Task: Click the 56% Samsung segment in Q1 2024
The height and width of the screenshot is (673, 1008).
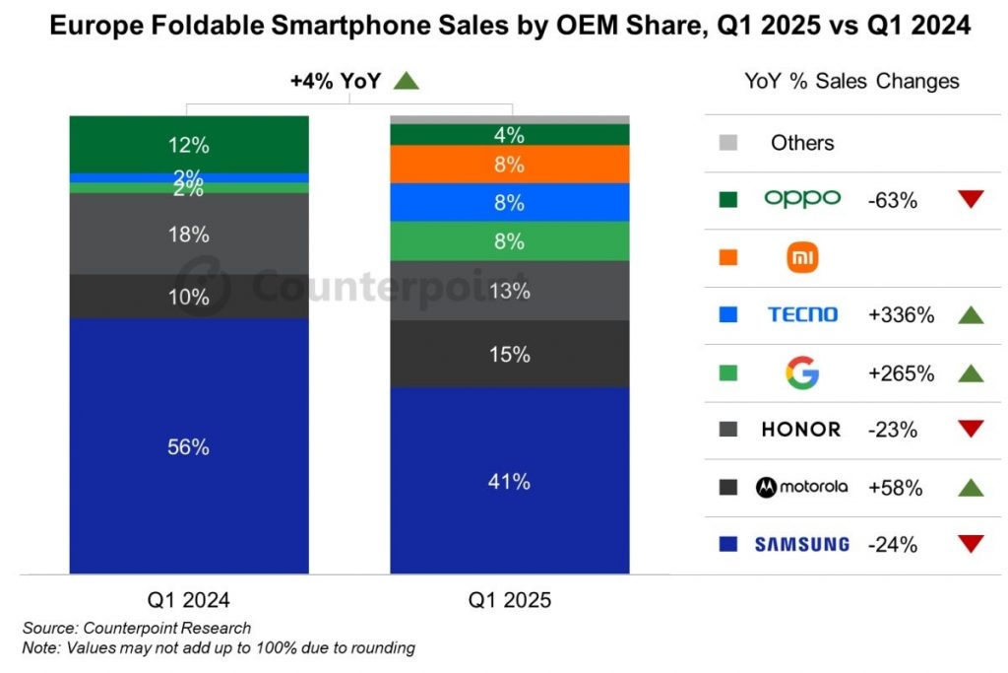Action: tap(188, 445)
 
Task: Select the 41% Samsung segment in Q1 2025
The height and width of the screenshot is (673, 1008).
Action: tap(510, 481)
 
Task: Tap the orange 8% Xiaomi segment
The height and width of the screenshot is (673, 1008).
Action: tap(510, 165)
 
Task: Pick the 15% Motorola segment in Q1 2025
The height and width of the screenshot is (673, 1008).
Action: tap(510, 354)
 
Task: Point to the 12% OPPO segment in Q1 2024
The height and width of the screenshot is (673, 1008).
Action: tap(188, 144)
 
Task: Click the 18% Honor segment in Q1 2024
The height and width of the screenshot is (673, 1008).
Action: tap(188, 234)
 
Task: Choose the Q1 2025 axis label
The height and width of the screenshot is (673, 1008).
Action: tap(510, 599)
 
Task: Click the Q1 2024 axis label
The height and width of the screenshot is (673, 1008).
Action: tap(188, 599)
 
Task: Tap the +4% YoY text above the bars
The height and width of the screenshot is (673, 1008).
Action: tap(335, 82)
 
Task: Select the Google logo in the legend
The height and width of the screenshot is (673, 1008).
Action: tap(802, 372)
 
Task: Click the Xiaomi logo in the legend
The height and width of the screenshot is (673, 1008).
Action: tap(802, 258)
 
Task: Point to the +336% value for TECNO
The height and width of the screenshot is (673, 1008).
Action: tap(902, 315)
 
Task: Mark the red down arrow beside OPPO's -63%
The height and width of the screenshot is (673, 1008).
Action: tap(971, 200)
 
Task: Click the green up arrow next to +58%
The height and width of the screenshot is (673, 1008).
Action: tap(971, 487)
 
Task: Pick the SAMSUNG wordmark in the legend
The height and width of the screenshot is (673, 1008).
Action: tap(802, 543)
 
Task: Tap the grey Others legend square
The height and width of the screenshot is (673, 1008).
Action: tap(729, 143)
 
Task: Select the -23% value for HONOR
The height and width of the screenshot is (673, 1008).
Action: tap(894, 430)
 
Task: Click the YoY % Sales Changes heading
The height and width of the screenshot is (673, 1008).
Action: tap(852, 81)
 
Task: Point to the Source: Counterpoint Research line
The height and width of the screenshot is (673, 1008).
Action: tap(137, 628)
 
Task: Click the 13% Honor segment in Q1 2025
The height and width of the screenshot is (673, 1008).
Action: tap(510, 291)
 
